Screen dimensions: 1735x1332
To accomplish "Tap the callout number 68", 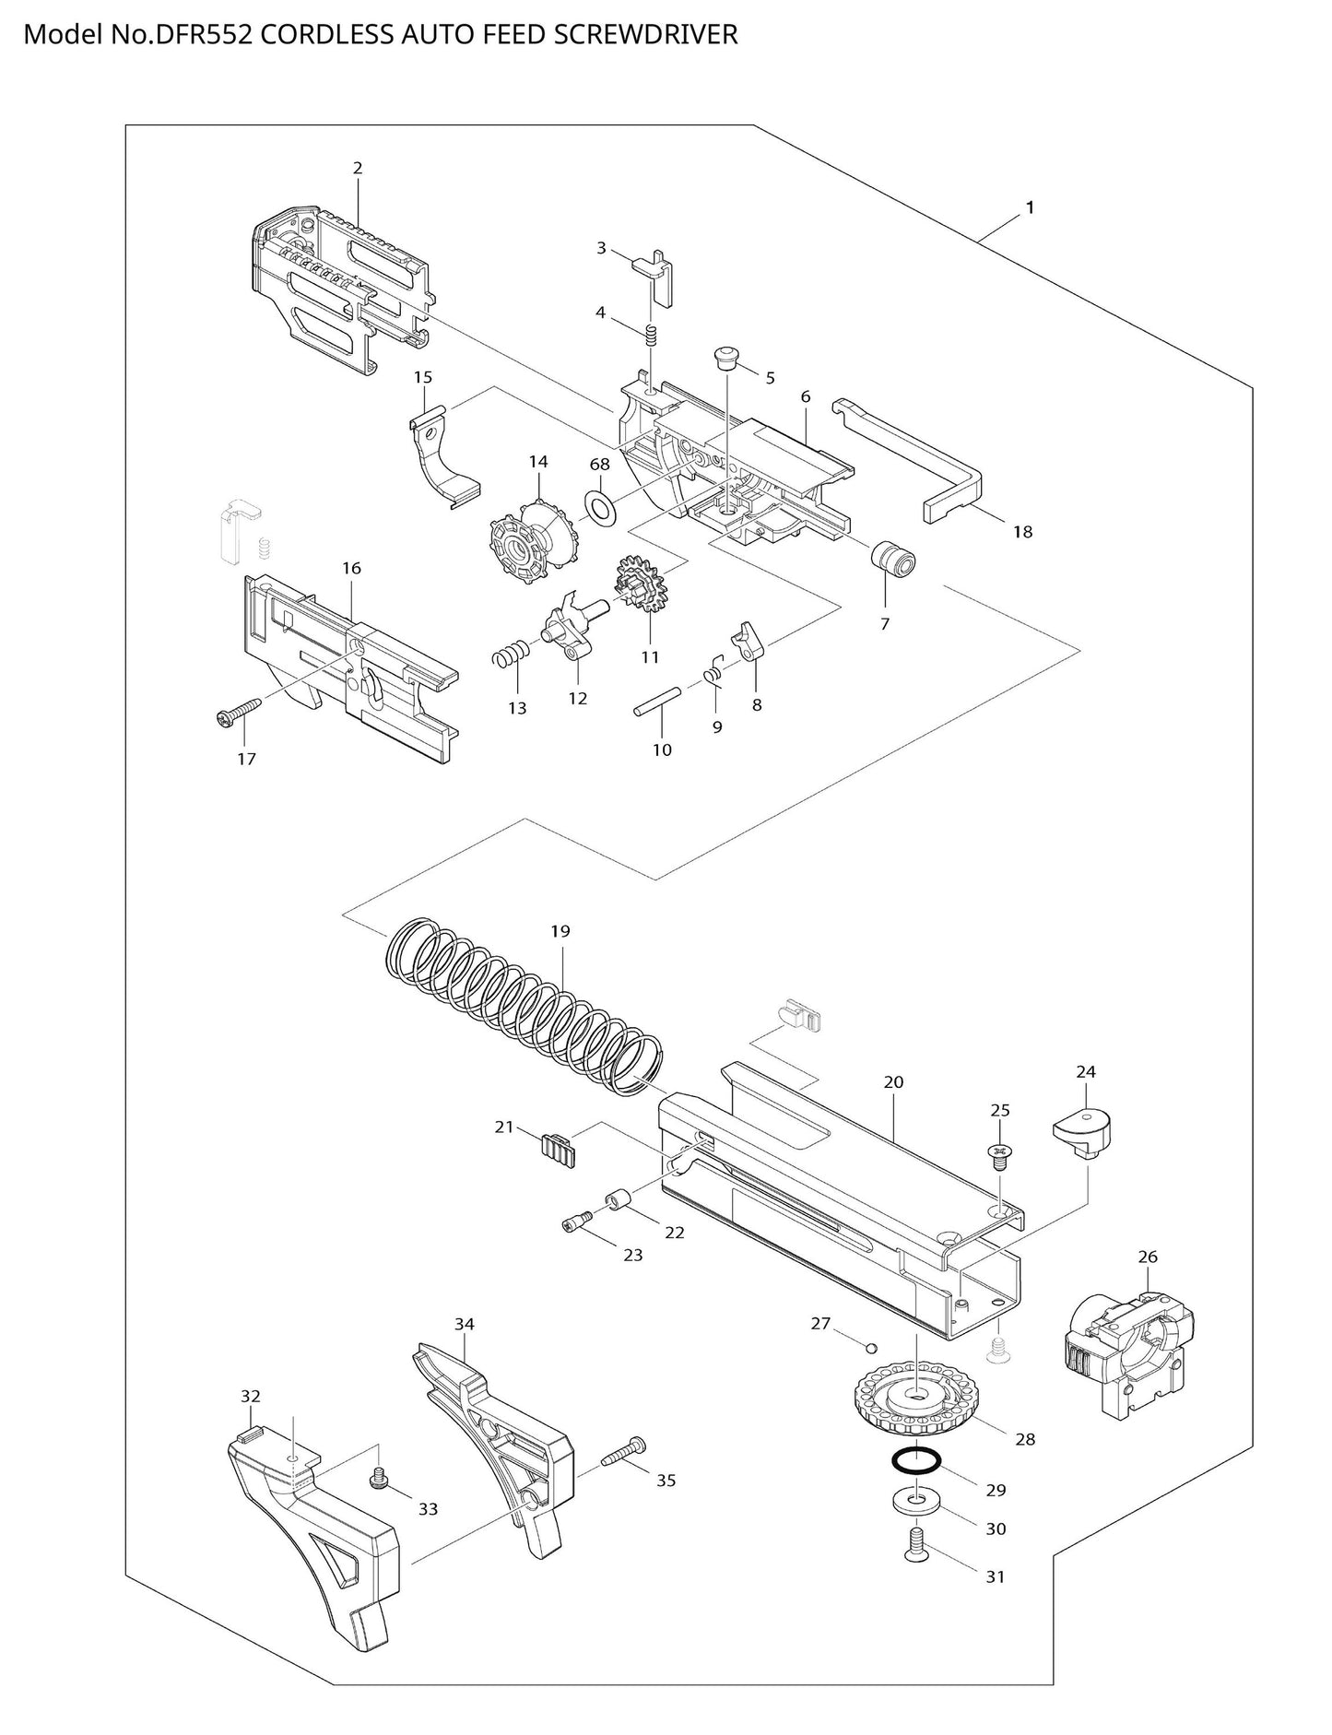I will click(x=599, y=465).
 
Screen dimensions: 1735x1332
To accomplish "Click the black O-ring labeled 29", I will click(x=915, y=1461).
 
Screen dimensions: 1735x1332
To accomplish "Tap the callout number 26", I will click(x=1148, y=1257).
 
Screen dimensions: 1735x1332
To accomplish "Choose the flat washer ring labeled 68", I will click(x=601, y=506).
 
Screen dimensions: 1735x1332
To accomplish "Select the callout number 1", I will click(x=1030, y=208).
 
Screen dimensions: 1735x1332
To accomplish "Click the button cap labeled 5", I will click(x=728, y=358).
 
